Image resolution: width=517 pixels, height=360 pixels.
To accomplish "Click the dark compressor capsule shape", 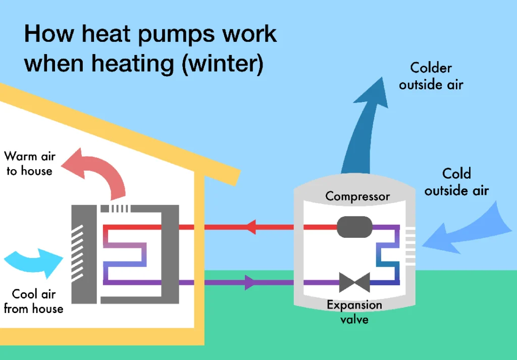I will pyautogui.click(x=354, y=228).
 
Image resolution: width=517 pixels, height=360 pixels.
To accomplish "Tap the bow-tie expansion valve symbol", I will pyautogui.click(x=354, y=282).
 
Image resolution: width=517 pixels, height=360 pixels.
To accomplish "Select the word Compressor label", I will pyautogui.click(x=357, y=196).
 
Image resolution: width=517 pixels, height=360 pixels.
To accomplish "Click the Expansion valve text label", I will pyautogui.click(x=354, y=312).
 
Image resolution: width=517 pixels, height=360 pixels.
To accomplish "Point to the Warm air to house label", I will pyautogui.click(x=30, y=164).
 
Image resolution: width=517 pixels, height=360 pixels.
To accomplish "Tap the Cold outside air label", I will pyautogui.click(x=456, y=182).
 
